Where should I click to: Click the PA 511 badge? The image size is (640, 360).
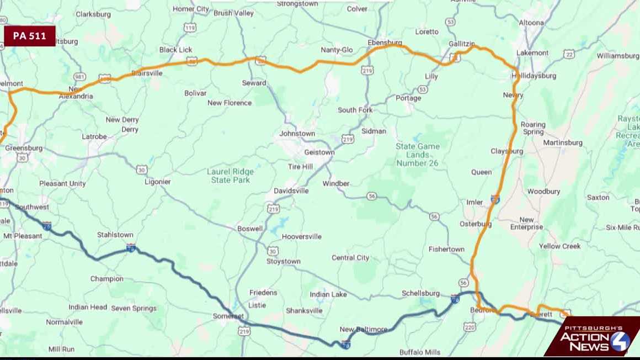pyautogui.click(x=30, y=36)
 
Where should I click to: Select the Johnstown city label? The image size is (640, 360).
pyautogui.click(x=297, y=134)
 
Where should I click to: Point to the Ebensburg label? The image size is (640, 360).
pyautogui.click(x=385, y=42)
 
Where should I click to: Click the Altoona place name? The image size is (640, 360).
pyautogui.click(x=531, y=23)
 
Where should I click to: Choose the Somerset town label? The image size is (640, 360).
pyautogui.click(x=228, y=316)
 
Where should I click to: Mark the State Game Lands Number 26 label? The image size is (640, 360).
pyautogui.click(x=418, y=155)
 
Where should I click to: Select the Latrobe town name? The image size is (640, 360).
pyautogui.click(x=94, y=136)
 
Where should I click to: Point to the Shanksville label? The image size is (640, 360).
pyautogui.click(x=304, y=311)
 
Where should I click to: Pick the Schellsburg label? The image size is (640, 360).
pyautogui.click(x=420, y=293)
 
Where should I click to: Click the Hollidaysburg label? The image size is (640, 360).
pyautogui.click(x=534, y=76)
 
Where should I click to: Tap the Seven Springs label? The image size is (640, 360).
pyautogui.click(x=134, y=308)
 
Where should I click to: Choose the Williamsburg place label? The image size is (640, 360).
pyautogui.click(x=617, y=56)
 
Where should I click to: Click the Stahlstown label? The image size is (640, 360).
pyautogui.click(x=115, y=235)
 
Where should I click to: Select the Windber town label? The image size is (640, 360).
pyautogui.click(x=336, y=183)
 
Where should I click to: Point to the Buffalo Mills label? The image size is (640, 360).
pyautogui.click(x=419, y=352)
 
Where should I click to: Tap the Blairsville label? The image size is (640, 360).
pyautogui.click(x=147, y=73)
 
